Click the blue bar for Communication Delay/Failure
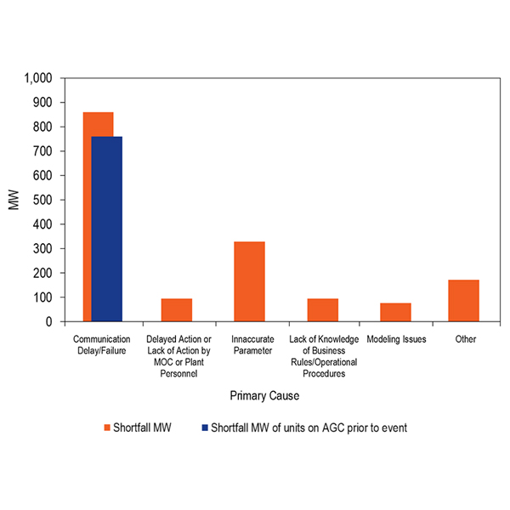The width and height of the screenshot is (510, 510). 107,229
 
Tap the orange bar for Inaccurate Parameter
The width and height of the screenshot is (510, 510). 250,282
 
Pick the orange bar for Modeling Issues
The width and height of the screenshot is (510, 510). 395,312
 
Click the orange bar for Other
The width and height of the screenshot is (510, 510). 464,301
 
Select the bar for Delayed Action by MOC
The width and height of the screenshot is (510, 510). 177,310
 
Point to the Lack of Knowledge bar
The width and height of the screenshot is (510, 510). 323,310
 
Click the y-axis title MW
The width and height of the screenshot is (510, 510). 14,201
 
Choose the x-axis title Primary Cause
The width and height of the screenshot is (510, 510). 264,396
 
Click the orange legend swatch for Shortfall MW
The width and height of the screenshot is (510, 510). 108,428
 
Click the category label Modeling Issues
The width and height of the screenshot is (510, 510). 396,339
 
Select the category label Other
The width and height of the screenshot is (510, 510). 465,339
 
